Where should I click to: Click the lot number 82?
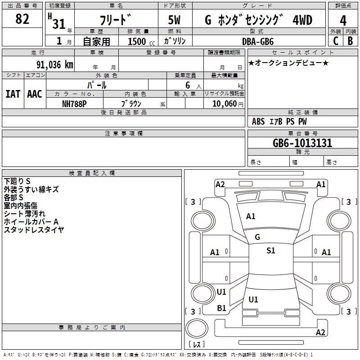(22, 19)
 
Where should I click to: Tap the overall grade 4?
(343, 21)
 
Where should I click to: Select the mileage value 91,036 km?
(54, 65)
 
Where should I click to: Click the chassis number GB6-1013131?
(302, 143)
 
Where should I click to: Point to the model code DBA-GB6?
(258, 41)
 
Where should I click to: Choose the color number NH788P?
(74, 104)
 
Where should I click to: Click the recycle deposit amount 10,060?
(224, 104)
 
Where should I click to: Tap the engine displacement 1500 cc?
(141, 41)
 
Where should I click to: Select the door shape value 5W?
(174, 20)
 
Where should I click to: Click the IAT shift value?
(13, 94)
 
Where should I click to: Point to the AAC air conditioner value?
(35, 94)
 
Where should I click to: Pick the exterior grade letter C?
(336, 41)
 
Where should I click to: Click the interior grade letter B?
(350, 41)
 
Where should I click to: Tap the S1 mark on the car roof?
(271, 251)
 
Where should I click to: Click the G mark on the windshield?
(257, 237)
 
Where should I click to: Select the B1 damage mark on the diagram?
(221, 308)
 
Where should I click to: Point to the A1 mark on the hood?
(251, 216)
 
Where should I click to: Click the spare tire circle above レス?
(197, 328)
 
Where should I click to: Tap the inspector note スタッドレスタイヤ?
(34, 229)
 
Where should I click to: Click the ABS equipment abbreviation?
(258, 121)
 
